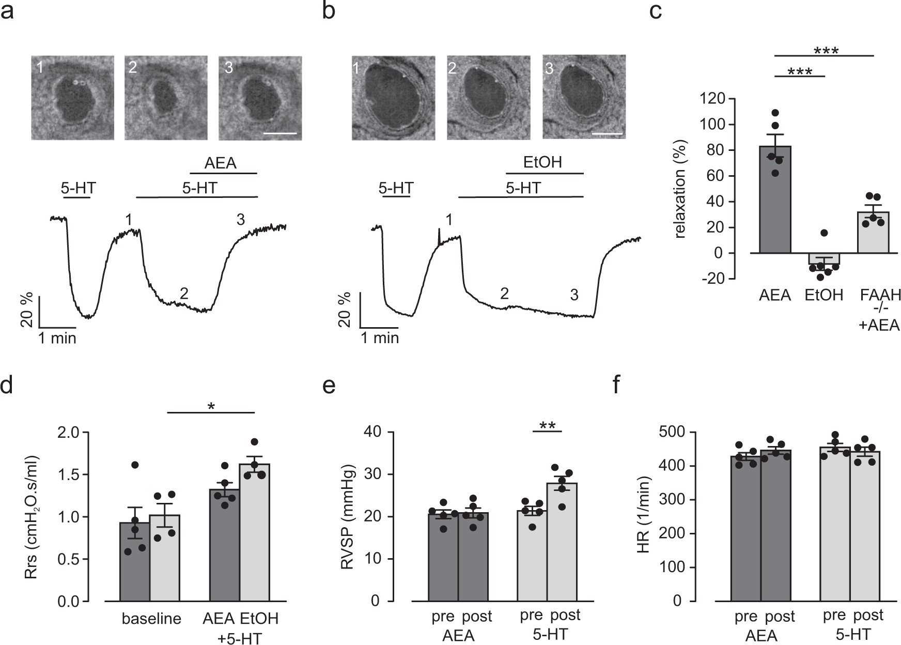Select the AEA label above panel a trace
point(220,163)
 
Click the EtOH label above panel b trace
point(542,163)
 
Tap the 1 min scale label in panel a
point(57,339)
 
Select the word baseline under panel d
point(151,619)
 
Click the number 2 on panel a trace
point(183,293)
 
